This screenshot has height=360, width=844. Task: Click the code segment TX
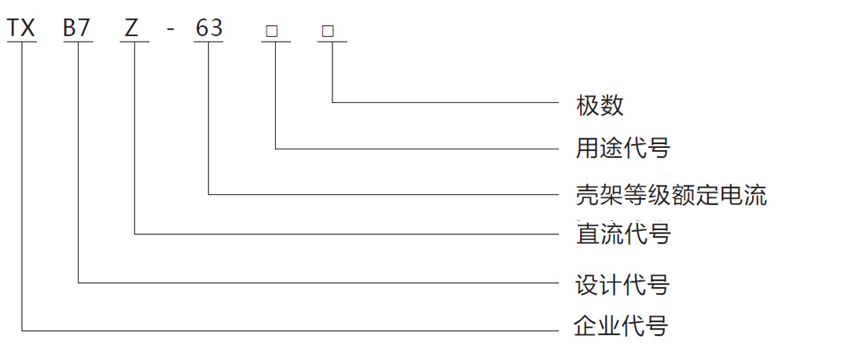pos(21,28)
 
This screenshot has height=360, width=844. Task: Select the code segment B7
pos(78,28)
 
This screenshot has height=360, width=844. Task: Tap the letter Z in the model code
pos(133,28)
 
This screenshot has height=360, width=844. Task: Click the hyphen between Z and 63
pos(171,30)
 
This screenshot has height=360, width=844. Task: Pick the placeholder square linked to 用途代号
pos(272,31)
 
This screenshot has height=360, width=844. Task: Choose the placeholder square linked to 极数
pos(328,31)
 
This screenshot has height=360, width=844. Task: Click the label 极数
pos(600,105)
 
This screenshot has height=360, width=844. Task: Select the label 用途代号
pos(622,148)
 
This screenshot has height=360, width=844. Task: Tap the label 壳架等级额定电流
pos(671,194)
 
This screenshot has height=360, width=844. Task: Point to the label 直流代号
pos(623,234)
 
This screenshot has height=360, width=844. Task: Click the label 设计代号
pos(622,284)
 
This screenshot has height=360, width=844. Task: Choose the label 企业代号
pos(622,325)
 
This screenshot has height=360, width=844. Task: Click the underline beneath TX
pos(21,42)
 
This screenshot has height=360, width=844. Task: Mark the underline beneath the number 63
pos(208,42)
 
